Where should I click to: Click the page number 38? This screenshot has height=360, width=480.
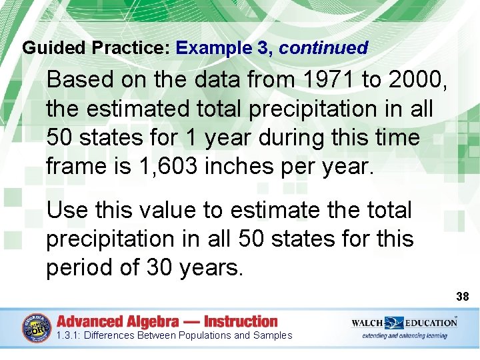click(x=462, y=295)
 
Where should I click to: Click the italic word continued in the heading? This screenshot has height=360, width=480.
click(x=323, y=48)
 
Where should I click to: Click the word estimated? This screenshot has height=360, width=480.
click(x=139, y=109)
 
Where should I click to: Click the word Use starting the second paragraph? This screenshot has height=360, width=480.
click(x=67, y=210)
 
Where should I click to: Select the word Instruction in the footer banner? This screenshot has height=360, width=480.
click(x=241, y=321)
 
